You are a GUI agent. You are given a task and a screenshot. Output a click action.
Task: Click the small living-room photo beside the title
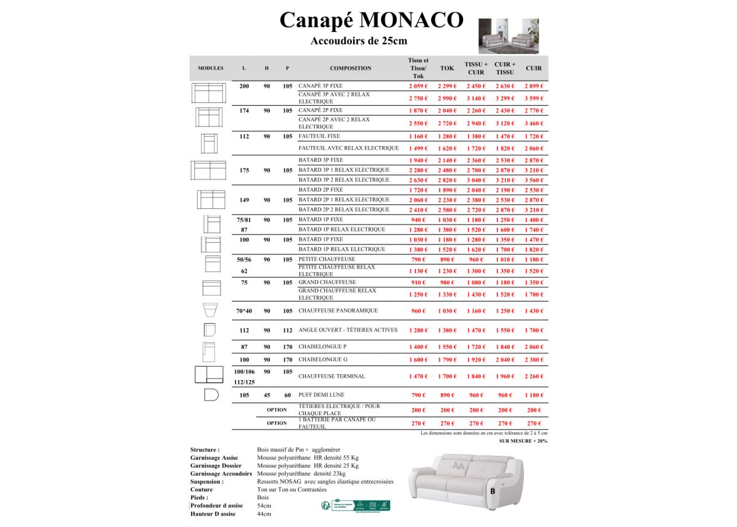(x=509, y=36)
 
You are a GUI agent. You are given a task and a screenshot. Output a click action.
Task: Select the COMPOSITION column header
(x=351, y=68)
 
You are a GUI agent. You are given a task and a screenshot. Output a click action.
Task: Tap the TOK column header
(x=447, y=68)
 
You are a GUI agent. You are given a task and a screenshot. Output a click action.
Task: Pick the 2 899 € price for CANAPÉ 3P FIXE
(x=534, y=87)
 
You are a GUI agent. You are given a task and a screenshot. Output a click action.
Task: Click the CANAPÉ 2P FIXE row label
(x=321, y=111)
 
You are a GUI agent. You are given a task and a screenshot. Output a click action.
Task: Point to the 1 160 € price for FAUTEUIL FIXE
(x=418, y=136)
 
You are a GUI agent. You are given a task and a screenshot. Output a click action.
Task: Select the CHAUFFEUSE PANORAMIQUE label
(x=338, y=311)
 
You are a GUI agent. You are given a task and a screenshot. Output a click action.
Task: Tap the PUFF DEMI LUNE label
(x=321, y=395)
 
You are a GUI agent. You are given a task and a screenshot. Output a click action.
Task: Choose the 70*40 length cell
(x=244, y=311)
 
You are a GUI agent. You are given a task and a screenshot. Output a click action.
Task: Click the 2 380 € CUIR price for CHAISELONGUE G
(x=534, y=360)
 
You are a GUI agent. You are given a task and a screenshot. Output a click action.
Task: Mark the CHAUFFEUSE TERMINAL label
(x=332, y=376)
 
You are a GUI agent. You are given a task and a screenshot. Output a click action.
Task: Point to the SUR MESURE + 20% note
(x=523, y=441)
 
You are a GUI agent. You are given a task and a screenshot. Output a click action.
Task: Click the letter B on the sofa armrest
(x=493, y=491)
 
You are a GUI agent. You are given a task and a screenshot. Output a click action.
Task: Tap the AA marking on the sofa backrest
(x=458, y=467)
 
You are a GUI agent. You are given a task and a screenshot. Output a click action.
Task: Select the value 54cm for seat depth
(x=264, y=506)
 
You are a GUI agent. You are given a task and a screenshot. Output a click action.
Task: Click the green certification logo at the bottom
(x=356, y=506)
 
